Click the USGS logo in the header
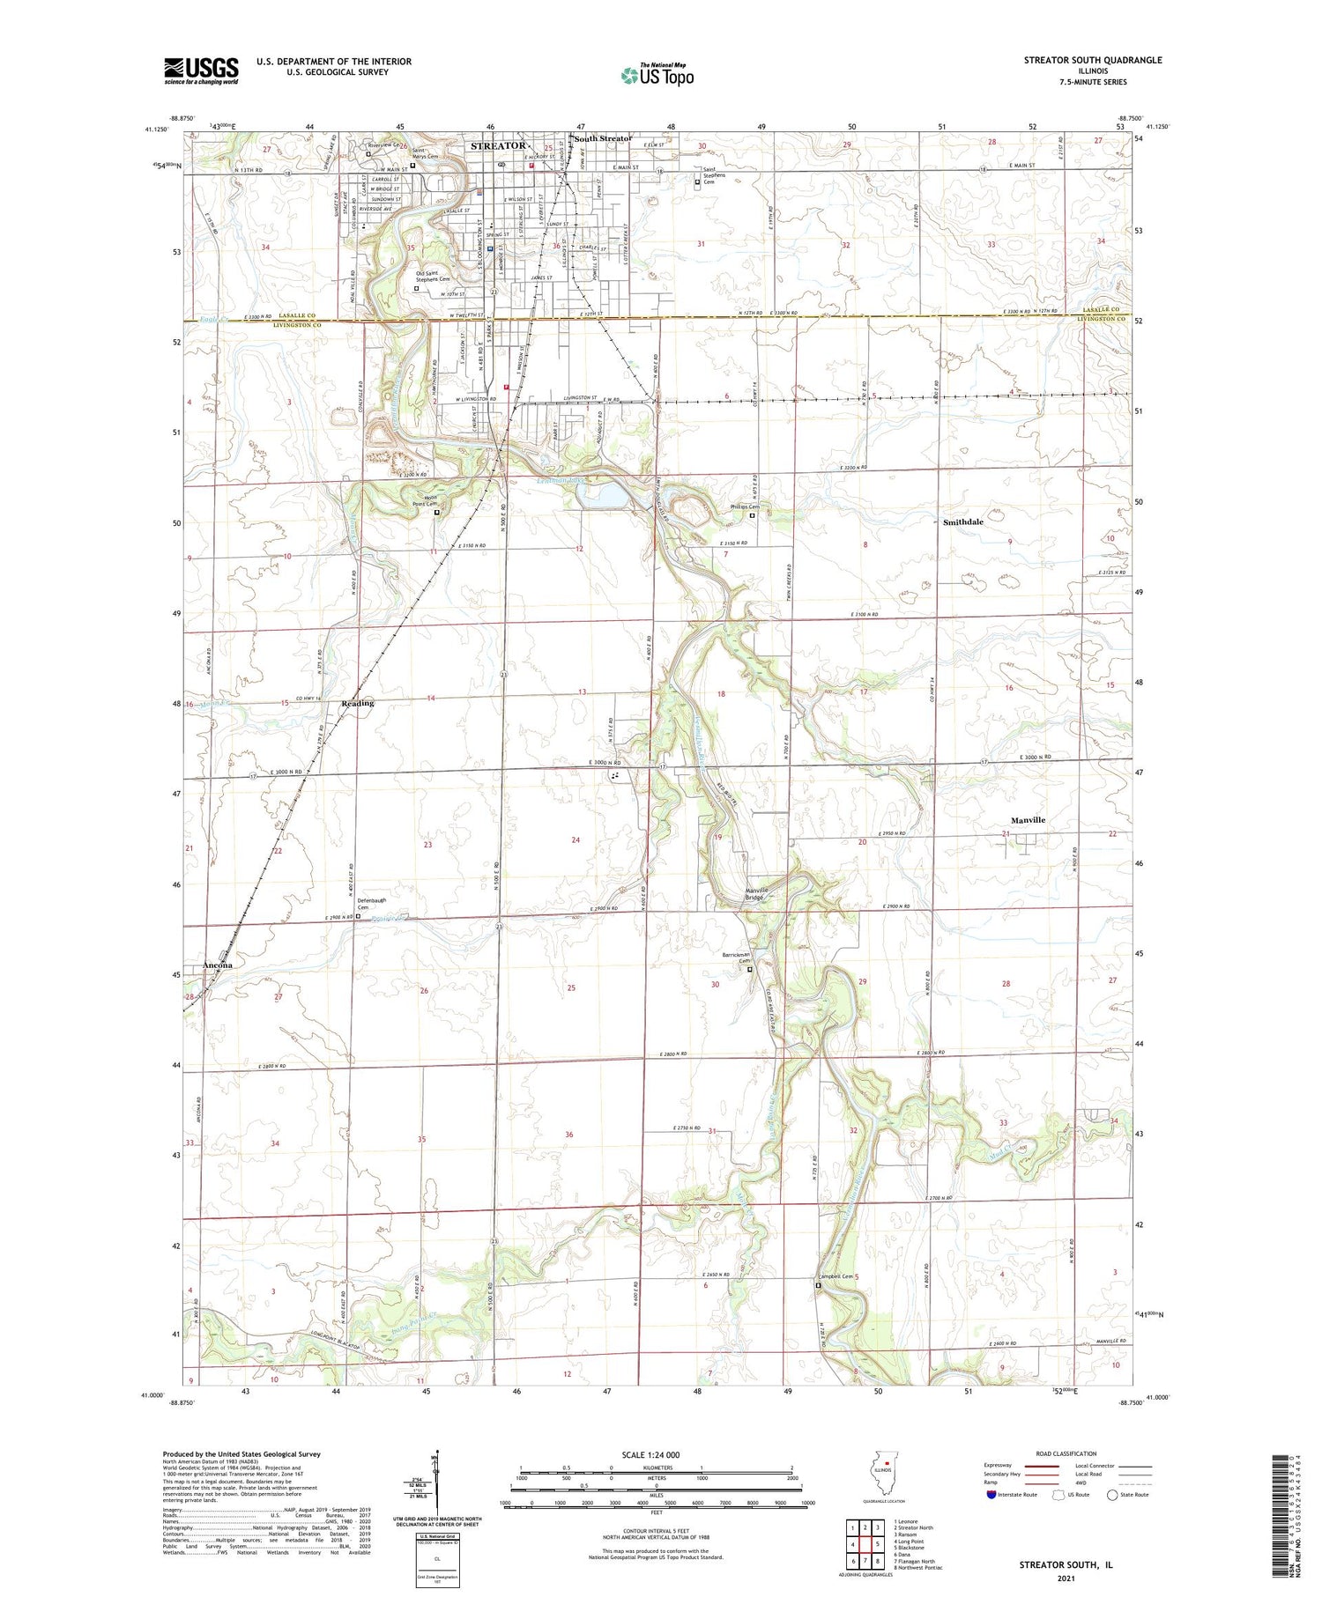point(201,70)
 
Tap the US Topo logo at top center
point(657,76)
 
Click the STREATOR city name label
point(498,146)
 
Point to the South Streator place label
point(604,139)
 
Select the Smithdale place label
point(963,522)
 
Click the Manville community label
point(1028,820)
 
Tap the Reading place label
point(358,703)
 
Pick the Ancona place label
point(218,965)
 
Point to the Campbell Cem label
point(836,1276)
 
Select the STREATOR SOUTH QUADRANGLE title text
point(1092,60)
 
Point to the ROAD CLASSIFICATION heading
point(1066,1453)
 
